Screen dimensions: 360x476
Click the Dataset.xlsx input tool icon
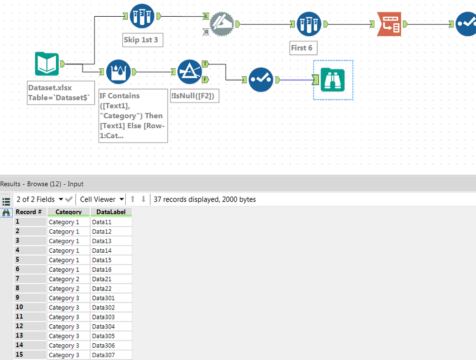pos(47,64)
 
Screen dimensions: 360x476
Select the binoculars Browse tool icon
pos(333,80)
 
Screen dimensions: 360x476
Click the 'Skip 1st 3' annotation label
pos(142,40)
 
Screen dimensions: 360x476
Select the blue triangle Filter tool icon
pos(190,72)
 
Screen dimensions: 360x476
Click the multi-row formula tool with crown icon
pos(118,72)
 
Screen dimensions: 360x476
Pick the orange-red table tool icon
pos(389,24)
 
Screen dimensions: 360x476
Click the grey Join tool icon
pos(221,24)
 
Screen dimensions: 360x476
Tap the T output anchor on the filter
pos(205,63)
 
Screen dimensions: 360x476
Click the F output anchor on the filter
pos(205,79)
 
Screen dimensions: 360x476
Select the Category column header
pos(68,212)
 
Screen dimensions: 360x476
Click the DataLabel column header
pos(111,212)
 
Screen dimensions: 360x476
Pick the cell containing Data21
pos(111,279)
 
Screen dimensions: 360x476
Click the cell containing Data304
pos(111,327)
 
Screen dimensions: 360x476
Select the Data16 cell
pos(111,269)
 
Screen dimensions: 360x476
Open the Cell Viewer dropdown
pos(101,199)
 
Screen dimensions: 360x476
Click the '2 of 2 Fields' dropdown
pos(40,199)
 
